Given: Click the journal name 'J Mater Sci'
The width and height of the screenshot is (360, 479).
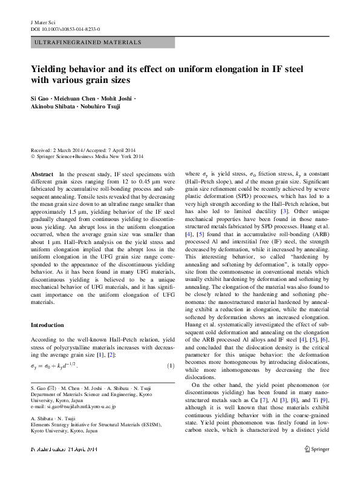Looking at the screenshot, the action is coord(43,21).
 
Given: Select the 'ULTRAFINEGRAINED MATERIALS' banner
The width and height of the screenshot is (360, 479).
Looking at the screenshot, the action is coord(87,42).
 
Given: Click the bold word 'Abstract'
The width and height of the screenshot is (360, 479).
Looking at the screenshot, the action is coord(42,174).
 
